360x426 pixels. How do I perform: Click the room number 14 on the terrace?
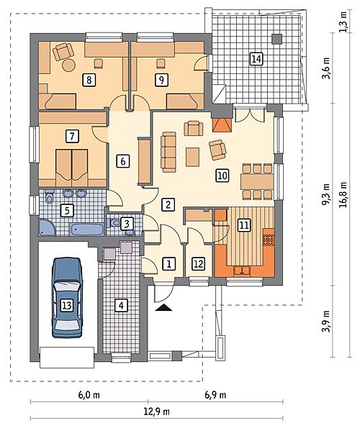[x=256, y=59]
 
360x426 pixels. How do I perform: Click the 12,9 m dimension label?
[x=157, y=412]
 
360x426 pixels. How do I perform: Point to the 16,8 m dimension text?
[x=343, y=194]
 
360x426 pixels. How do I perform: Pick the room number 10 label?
[x=222, y=176]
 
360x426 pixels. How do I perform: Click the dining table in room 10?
[x=257, y=181]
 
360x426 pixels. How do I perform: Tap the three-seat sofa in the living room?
[x=168, y=152]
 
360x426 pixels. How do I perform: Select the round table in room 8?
[x=68, y=65]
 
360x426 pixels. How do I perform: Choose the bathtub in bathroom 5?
[x=87, y=230]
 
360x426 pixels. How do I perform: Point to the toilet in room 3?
[x=114, y=223]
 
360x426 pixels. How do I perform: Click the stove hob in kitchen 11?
[x=269, y=240]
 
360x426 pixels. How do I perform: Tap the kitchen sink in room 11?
[x=242, y=271]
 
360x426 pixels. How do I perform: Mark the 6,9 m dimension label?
[x=215, y=394]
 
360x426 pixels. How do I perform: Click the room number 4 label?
[x=121, y=306]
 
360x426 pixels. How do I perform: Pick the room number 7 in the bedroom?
[x=72, y=136]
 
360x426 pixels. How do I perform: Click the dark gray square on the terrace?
[x=277, y=39]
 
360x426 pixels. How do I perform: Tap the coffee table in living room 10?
[x=192, y=157]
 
